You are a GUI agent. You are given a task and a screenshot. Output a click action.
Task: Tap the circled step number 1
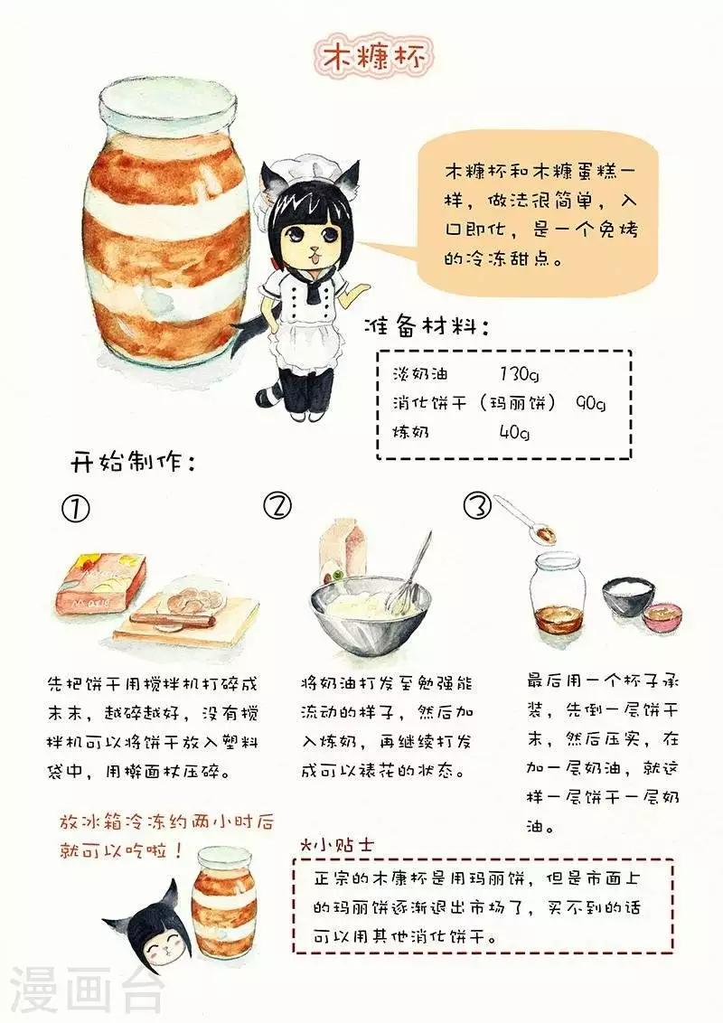click(76, 509)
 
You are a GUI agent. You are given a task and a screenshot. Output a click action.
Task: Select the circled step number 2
click(278, 506)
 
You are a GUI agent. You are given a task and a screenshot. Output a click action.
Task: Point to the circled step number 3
click(477, 506)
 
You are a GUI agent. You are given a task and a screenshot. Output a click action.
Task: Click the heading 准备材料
click(428, 325)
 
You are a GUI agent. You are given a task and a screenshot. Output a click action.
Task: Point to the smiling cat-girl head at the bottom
click(149, 934)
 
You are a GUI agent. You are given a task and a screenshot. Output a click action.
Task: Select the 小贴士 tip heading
click(337, 843)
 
